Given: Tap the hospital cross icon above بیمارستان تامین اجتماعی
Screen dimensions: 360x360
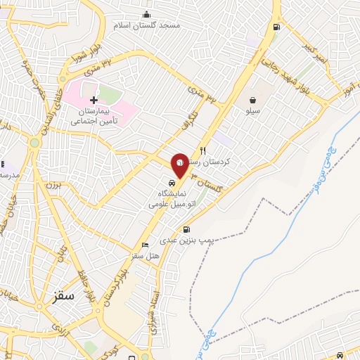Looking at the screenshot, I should [94, 101].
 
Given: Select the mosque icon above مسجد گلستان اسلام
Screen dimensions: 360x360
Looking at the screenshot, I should [147, 14].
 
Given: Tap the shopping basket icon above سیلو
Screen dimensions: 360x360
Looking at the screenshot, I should [252, 100].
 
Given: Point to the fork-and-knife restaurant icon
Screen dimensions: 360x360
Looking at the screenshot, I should [202, 150].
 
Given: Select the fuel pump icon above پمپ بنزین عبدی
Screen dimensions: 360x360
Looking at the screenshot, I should [186, 229].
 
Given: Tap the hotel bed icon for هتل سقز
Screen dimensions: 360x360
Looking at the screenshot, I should [145, 245].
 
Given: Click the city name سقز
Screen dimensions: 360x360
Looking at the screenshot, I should [63, 296].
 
